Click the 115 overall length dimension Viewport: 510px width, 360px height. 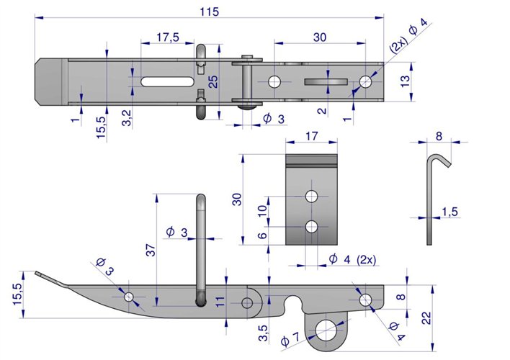[x=210, y=12]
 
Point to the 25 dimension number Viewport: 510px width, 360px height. [x=212, y=82]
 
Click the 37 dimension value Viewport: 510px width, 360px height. [x=150, y=250]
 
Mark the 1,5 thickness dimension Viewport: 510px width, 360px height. [x=449, y=211]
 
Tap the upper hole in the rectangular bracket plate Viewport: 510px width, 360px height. [x=311, y=196]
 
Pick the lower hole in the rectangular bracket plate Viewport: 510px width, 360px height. [x=311, y=227]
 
